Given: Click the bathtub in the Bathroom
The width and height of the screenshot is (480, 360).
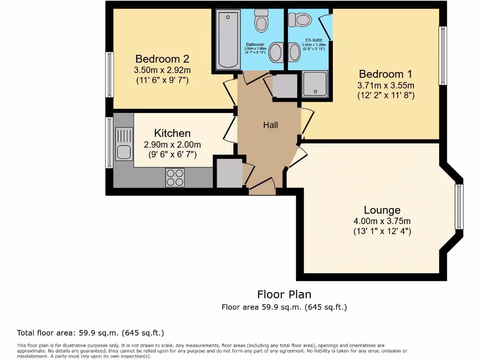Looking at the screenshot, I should point(229,39).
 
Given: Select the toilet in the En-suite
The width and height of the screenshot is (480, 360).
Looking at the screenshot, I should point(300,20).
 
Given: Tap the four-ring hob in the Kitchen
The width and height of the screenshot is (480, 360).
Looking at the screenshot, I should point(175,178).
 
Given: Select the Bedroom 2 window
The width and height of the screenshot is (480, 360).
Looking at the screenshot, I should point(110,75).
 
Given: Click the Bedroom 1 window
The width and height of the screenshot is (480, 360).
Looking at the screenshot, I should point(442,56).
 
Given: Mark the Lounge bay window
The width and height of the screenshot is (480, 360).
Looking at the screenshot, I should point(459,207).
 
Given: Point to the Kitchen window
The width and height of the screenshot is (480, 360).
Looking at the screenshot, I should point(109,142).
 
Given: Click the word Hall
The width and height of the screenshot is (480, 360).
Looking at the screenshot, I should point(270,125).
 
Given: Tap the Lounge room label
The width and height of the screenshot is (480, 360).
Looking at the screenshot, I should point(382,210).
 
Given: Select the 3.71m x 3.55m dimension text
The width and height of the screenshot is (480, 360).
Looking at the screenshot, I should point(386,85).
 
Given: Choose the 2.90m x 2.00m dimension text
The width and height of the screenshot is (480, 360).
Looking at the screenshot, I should point(172,145).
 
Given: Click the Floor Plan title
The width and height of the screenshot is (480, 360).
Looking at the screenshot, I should point(284,294).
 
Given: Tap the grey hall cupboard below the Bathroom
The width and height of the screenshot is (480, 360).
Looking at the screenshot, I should point(285,86).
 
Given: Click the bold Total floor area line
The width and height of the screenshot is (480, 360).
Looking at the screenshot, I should point(90,333).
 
